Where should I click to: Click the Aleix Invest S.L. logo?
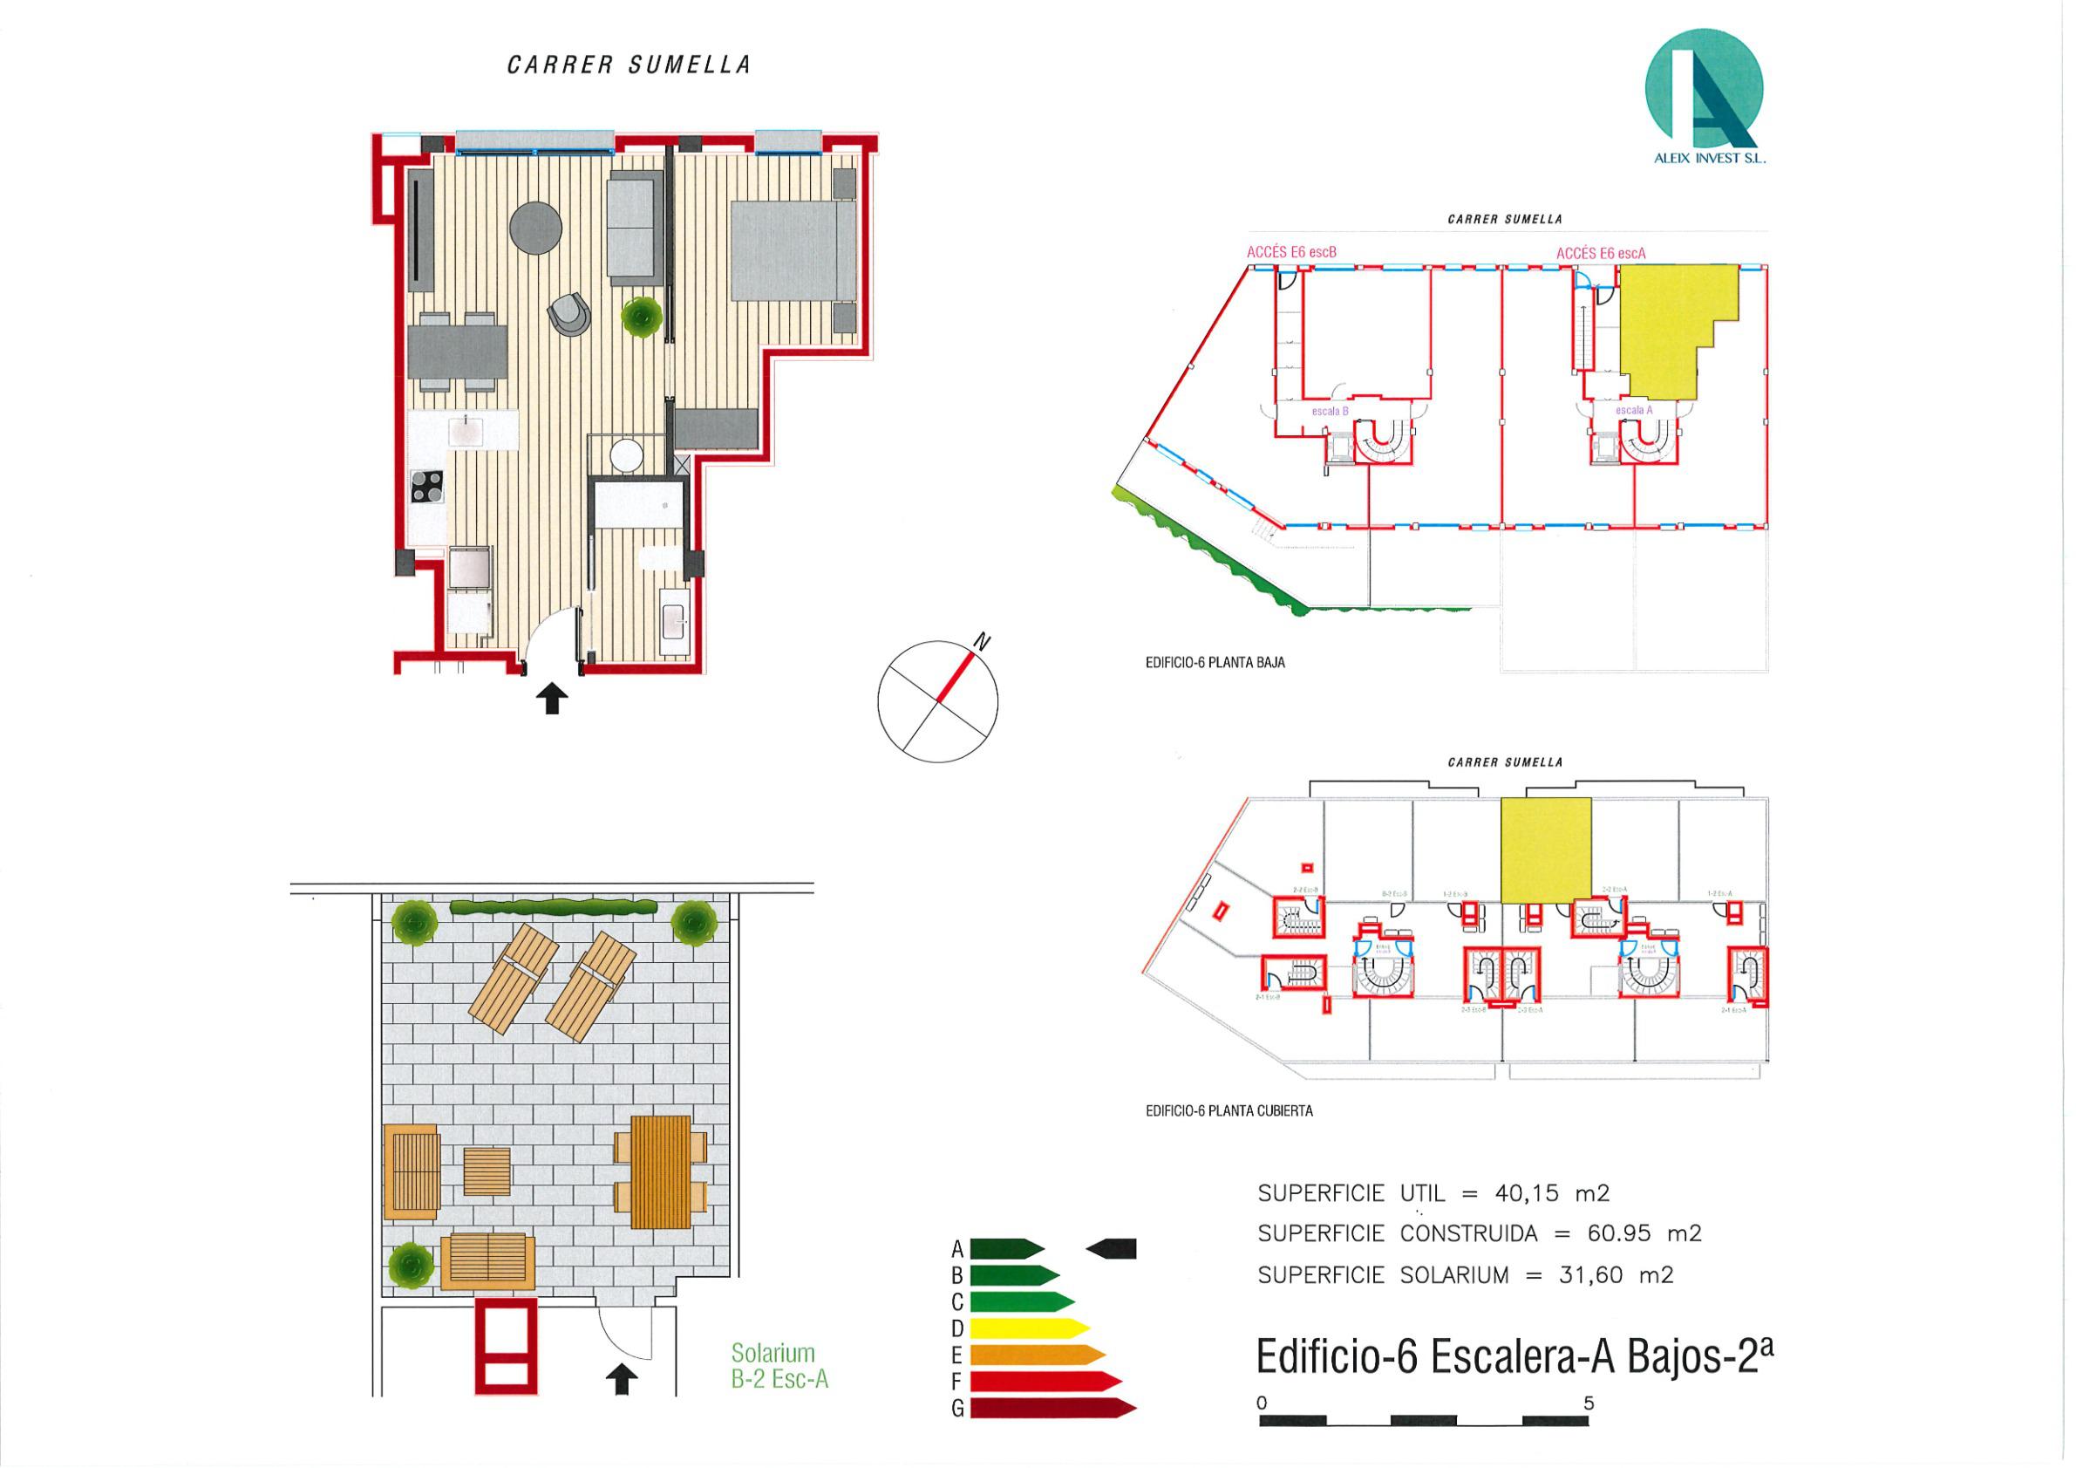click(1704, 95)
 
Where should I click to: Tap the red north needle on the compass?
click(956, 675)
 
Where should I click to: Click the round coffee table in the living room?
click(535, 228)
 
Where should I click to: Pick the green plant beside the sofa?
click(642, 317)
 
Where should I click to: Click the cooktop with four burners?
click(428, 487)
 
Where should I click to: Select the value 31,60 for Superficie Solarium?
click(1590, 1275)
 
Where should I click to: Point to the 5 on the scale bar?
click(1589, 1403)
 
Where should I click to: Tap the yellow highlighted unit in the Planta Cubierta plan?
click(1545, 850)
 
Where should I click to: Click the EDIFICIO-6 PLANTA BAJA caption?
click(1215, 662)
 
